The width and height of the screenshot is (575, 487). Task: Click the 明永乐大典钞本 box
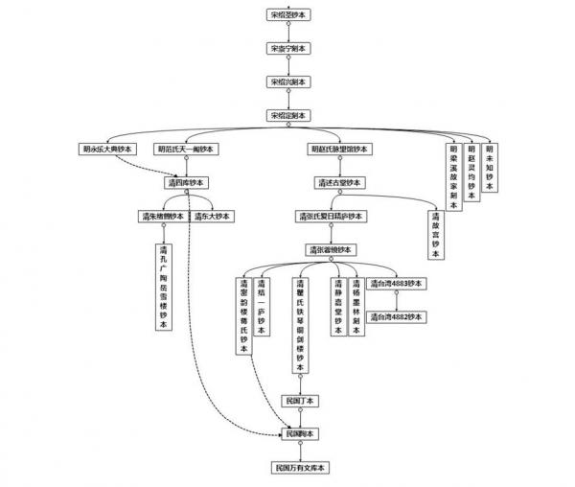[108, 149]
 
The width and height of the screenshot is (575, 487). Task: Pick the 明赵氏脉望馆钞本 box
[340, 149]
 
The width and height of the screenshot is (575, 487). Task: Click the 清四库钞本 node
[187, 182]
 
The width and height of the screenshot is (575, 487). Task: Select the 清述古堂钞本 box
[337, 182]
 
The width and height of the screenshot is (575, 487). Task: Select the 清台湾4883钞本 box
[398, 284]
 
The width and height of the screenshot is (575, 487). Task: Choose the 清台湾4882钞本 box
[398, 316]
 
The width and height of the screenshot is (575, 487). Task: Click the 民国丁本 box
[300, 400]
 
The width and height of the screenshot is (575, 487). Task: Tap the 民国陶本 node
[300, 433]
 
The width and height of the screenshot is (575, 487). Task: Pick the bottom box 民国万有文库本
[300, 468]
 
